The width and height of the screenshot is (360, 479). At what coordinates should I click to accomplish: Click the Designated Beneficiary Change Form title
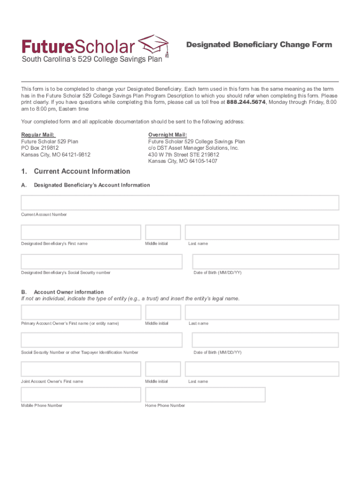pyautogui.click(x=259, y=45)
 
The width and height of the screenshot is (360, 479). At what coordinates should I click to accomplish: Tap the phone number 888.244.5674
pyautogui.click(x=246, y=102)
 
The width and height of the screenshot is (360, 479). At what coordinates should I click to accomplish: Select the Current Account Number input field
pyautogui.click(x=180, y=203)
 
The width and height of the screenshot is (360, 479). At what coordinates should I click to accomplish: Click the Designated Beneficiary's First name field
pyautogui.click(x=81, y=232)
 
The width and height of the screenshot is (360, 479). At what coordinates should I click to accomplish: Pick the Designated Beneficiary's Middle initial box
pyautogui.click(x=163, y=232)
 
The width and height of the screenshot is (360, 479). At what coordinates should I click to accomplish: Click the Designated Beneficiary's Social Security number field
pyautogui.click(x=101, y=261)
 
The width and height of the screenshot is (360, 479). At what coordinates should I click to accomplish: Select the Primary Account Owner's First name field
pyautogui.click(x=81, y=312)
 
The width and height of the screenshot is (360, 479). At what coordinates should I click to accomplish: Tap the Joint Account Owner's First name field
pyautogui.click(x=81, y=369)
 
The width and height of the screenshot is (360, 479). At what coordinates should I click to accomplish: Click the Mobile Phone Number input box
pyautogui.click(x=81, y=395)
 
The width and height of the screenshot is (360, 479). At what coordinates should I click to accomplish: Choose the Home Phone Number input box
pyautogui.click(x=205, y=395)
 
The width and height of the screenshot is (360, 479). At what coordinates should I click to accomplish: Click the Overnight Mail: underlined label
pyautogui.click(x=167, y=135)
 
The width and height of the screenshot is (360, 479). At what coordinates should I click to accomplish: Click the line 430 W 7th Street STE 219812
pyautogui.click(x=183, y=154)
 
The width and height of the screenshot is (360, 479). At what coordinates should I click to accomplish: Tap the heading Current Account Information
pyautogui.click(x=82, y=171)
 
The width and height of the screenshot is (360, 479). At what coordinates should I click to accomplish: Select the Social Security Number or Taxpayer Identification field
pyautogui.click(x=101, y=340)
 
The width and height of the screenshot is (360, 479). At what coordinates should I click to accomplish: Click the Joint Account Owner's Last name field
pyautogui.click(x=262, y=369)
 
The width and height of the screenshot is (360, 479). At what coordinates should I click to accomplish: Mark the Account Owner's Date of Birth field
pyautogui.click(x=266, y=340)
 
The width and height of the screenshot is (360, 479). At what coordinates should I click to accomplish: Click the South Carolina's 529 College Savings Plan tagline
pyautogui.click(x=92, y=59)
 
